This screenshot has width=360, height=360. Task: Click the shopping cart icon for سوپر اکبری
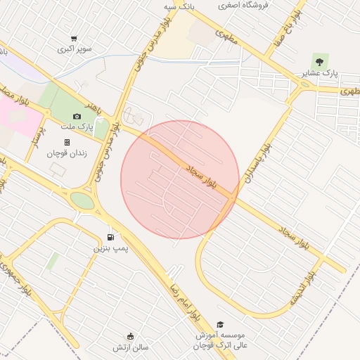pyautogui.click(x=74, y=39)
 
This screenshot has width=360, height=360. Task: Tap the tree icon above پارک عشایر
pyautogui.click(x=321, y=60)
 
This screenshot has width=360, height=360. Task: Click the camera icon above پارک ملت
pyautogui.click(x=77, y=116)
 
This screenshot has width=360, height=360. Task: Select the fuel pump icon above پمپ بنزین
pyautogui.click(x=110, y=237)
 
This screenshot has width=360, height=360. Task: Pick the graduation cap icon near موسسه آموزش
pyautogui.click(x=220, y=325)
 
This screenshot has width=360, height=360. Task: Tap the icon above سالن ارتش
pyautogui.click(x=130, y=337)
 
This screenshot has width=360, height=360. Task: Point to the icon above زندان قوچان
pyautogui.click(x=67, y=142)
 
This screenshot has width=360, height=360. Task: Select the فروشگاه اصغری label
pyautogui.click(x=237, y=4)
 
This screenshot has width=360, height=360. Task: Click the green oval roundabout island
pyautogui.click(x=82, y=201)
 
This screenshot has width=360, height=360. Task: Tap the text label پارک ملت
pyautogui.click(x=79, y=127)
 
